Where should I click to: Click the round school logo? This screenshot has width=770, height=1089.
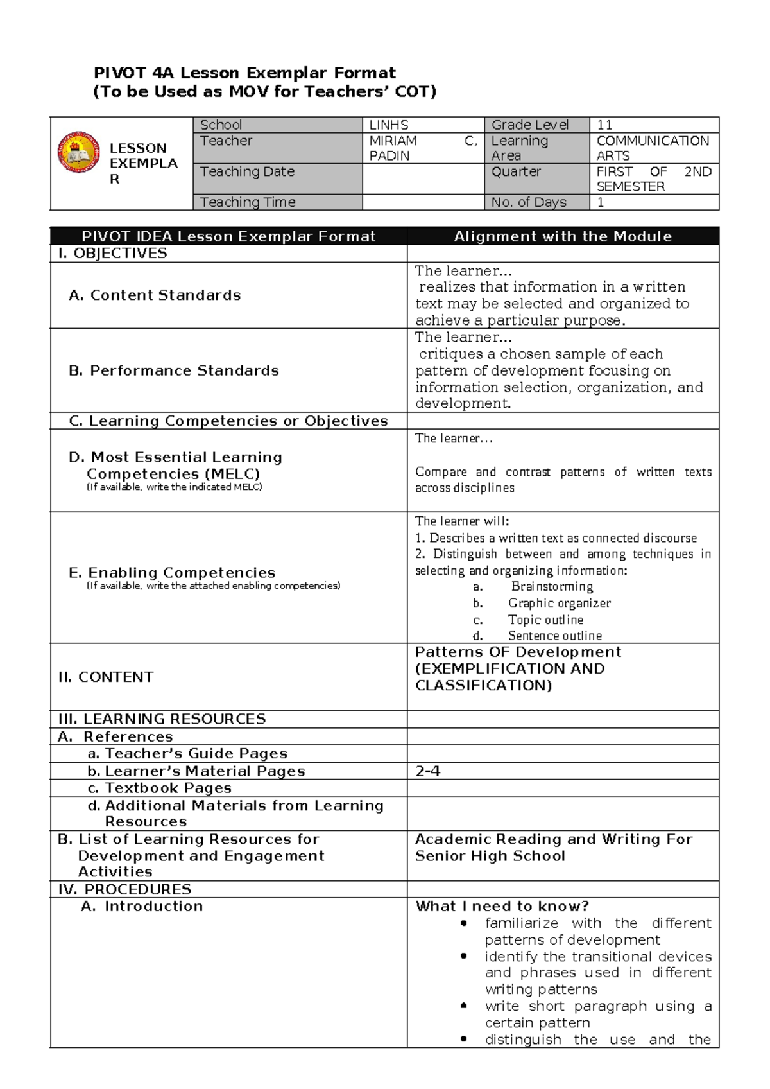pos(78,152)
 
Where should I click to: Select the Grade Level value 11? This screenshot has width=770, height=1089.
pos(604,125)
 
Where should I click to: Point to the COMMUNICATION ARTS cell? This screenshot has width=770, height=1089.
pos(653,148)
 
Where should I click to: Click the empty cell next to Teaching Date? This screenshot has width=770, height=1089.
pos(422,179)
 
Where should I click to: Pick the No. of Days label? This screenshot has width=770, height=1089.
pos(529,202)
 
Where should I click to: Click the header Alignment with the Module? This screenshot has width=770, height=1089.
pos(563,236)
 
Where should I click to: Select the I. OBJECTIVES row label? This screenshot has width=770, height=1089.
pos(112,254)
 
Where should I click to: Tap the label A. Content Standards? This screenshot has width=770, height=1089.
pos(155,295)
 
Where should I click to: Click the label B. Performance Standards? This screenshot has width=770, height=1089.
pos(174,370)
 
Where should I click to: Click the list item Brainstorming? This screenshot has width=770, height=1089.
pos(552,586)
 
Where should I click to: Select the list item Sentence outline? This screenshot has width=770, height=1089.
pos(555,636)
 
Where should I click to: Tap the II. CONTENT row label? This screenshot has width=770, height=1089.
pos(106,677)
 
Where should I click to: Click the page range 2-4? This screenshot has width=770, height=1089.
pos(427,771)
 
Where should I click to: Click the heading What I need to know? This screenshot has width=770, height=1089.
pos(502,906)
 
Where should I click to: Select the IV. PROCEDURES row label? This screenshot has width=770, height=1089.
pos(124,889)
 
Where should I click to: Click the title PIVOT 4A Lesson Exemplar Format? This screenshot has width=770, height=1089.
pos(244,73)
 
